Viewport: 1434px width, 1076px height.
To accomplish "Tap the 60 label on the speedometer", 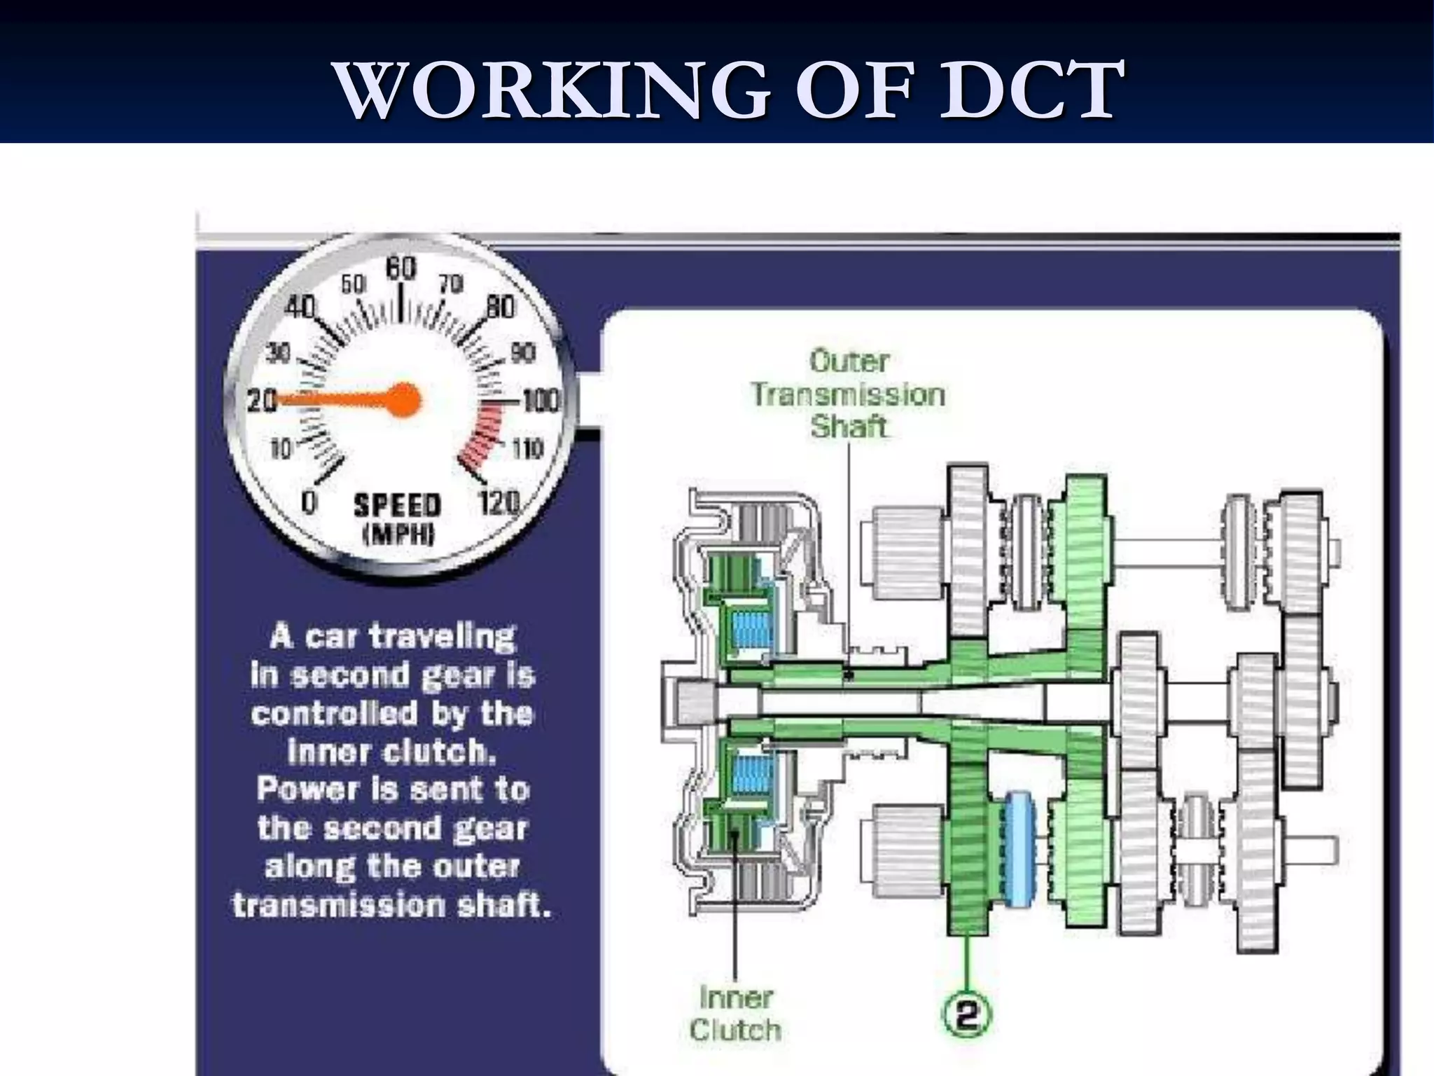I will pyautogui.click(x=401, y=268).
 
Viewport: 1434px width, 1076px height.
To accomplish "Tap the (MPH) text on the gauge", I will pyautogui.click(x=398, y=535).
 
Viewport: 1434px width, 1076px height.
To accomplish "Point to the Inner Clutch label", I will pyautogui.click(x=735, y=1014).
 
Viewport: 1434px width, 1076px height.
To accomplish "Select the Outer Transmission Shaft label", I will pyautogui.click(x=848, y=394).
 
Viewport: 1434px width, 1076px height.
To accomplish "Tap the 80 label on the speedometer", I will pyautogui.click(x=500, y=308).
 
